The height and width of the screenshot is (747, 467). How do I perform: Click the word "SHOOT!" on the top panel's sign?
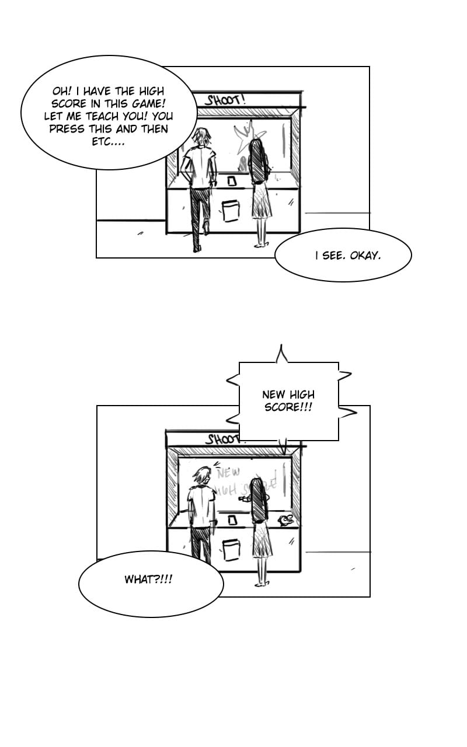225,100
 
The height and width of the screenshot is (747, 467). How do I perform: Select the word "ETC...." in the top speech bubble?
108,142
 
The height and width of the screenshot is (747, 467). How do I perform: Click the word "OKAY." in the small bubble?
365,255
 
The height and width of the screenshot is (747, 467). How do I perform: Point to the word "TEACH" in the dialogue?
102,116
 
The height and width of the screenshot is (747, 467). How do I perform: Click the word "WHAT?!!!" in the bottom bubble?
148,580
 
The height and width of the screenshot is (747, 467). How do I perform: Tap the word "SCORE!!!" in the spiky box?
288,407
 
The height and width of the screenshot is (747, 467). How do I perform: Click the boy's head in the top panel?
202,138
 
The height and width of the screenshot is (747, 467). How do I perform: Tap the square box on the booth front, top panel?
231,211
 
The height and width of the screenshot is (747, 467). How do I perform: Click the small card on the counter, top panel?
231,180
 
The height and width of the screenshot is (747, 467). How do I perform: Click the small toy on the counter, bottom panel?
286,518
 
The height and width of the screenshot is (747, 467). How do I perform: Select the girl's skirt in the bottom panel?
262,540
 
